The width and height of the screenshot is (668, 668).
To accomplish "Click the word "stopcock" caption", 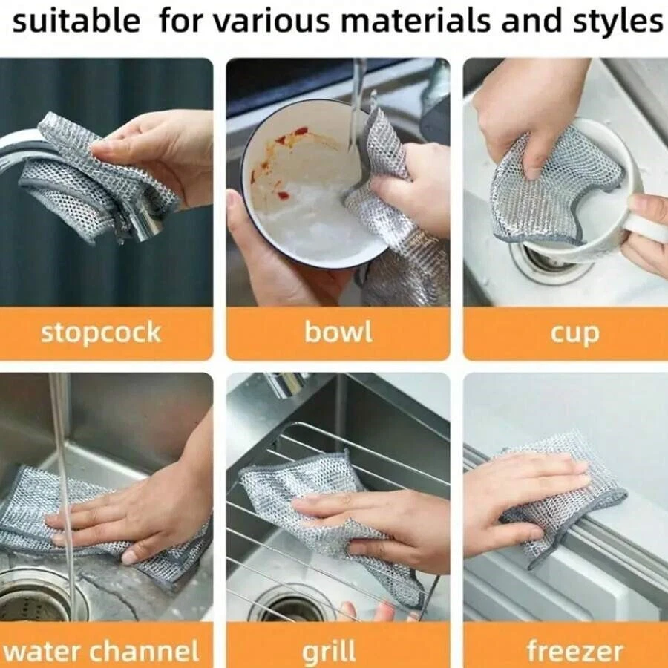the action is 101,333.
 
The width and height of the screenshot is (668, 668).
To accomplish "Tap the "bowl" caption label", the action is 338,332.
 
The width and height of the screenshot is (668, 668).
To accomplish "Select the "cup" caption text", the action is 574,334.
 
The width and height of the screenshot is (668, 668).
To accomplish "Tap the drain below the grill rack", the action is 294,606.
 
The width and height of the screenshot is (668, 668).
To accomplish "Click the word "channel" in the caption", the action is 144,650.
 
